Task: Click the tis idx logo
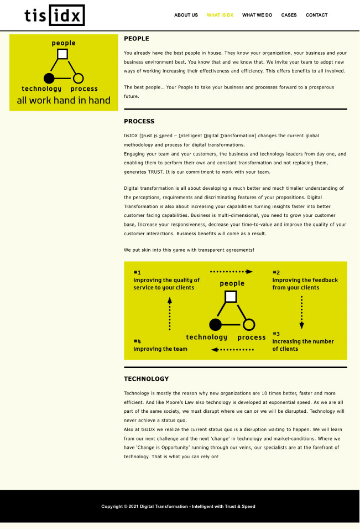coord(55,15)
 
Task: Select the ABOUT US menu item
coord(186,15)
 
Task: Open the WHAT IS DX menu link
coord(220,15)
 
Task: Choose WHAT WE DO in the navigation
coord(257,15)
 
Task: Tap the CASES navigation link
coord(289,15)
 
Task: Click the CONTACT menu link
coord(316,15)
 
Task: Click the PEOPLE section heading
coord(137,39)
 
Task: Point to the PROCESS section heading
coord(139,121)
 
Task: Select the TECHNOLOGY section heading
coord(147,379)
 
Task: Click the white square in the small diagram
coord(62,54)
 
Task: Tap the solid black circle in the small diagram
coord(49,78)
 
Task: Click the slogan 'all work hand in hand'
coord(64,100)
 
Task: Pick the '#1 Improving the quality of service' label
coord(166,283)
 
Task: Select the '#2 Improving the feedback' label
coord(305,283)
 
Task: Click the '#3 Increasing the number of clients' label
coord(302,345)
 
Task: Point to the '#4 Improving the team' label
coord(160,349)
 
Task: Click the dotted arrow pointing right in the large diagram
coord(232,272)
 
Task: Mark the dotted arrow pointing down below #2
coord(301,313)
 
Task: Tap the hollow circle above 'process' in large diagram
coord(249,324)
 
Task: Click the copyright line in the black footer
coord(178,506)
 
